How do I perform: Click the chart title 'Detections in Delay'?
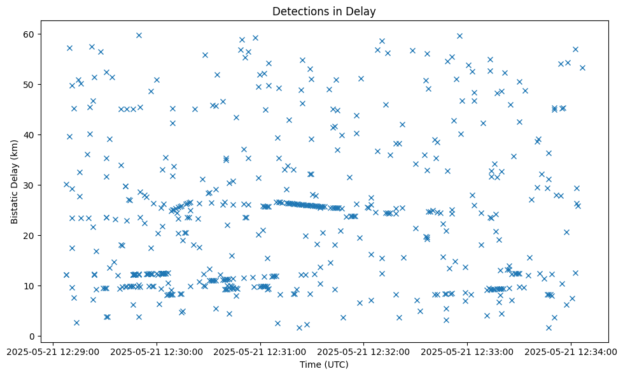[x=324, y=11]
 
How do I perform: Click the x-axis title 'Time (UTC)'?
[x=324, y=365]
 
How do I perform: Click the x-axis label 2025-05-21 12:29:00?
[x=53, y=351]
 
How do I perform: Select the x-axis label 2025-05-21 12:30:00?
[x=157, y=351]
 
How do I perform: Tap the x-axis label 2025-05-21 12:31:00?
[x=260, y=351]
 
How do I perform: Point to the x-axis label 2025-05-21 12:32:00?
[x=364, y=351]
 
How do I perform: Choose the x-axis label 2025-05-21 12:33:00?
[x=468, y=351]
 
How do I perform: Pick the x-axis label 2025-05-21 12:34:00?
[x=571, y=351]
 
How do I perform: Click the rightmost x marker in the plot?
[x=582, y=68]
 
